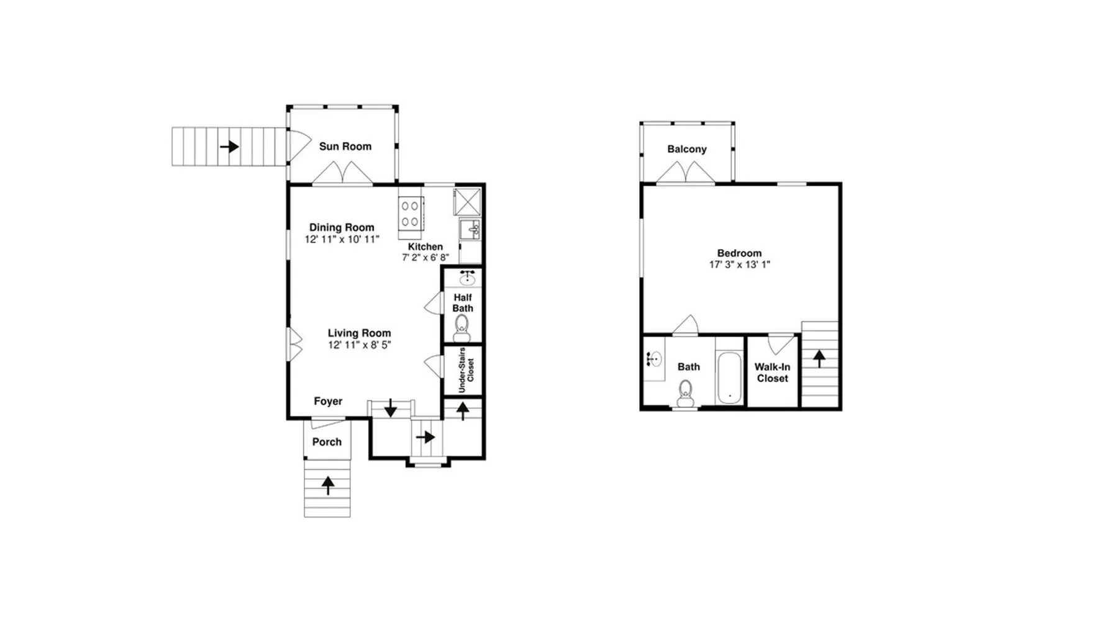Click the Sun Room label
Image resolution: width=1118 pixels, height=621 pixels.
point(345,147)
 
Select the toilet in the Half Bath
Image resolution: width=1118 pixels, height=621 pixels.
point(461,328)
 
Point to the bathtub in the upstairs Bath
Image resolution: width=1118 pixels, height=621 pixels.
point(729,378)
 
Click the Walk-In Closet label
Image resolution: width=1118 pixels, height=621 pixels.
point(772,373)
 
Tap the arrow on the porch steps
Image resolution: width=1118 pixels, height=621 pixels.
point(327,484)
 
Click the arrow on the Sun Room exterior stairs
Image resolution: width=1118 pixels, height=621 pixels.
point(229,147)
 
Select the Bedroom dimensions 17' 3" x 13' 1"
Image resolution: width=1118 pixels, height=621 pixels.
point(740,265)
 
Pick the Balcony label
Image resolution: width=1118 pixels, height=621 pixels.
point(687,149)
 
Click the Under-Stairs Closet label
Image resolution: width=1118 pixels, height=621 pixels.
point(466,370)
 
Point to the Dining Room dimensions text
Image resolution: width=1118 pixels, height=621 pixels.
point(342,239)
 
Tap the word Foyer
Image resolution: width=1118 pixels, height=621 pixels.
point(328,401)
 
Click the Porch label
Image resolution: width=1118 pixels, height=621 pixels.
point(327,442)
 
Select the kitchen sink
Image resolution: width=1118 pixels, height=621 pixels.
point(470,229)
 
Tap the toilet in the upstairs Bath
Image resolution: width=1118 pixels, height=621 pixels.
point(685,393)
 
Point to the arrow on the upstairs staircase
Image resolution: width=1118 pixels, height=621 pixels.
point(819,358)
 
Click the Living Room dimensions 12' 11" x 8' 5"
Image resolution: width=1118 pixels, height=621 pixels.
point(360,345)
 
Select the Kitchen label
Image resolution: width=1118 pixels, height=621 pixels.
point(425,247)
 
